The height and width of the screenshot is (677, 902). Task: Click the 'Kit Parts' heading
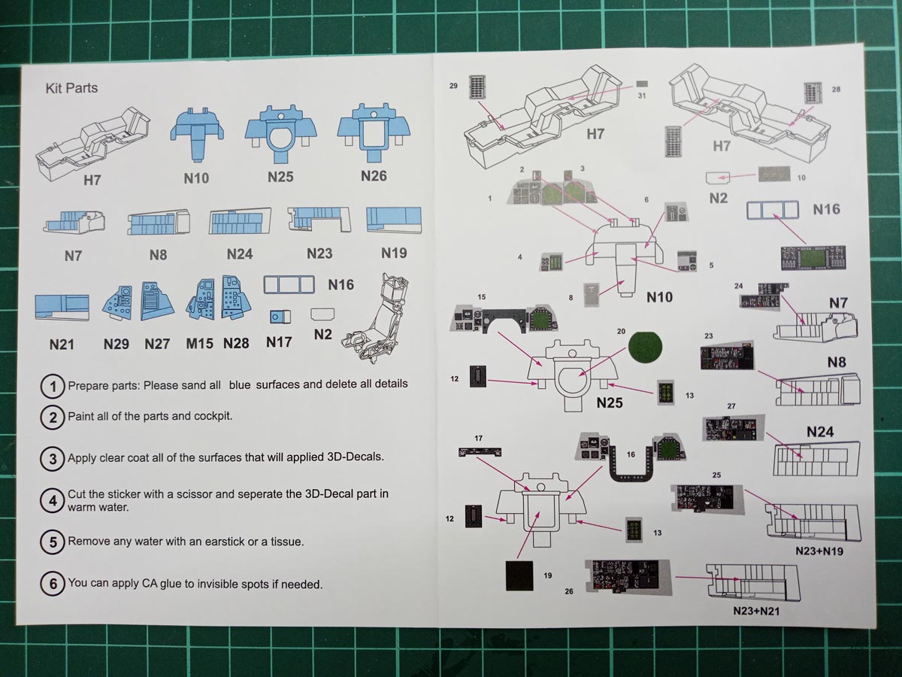pos(71,88)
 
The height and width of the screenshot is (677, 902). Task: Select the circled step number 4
pos(52,500)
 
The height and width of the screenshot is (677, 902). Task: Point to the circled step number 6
pos(52,583)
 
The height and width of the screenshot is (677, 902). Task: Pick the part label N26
pos(374,177)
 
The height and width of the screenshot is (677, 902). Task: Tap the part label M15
pos(199,344)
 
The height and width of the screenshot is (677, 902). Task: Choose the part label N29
pos(117,344)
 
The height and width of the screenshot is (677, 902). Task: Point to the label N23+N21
pos(756,611)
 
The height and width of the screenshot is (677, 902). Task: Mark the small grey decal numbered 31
pos(641,84)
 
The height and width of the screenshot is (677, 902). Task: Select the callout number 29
pos(453,87)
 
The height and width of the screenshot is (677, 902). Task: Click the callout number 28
pos(836,90)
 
